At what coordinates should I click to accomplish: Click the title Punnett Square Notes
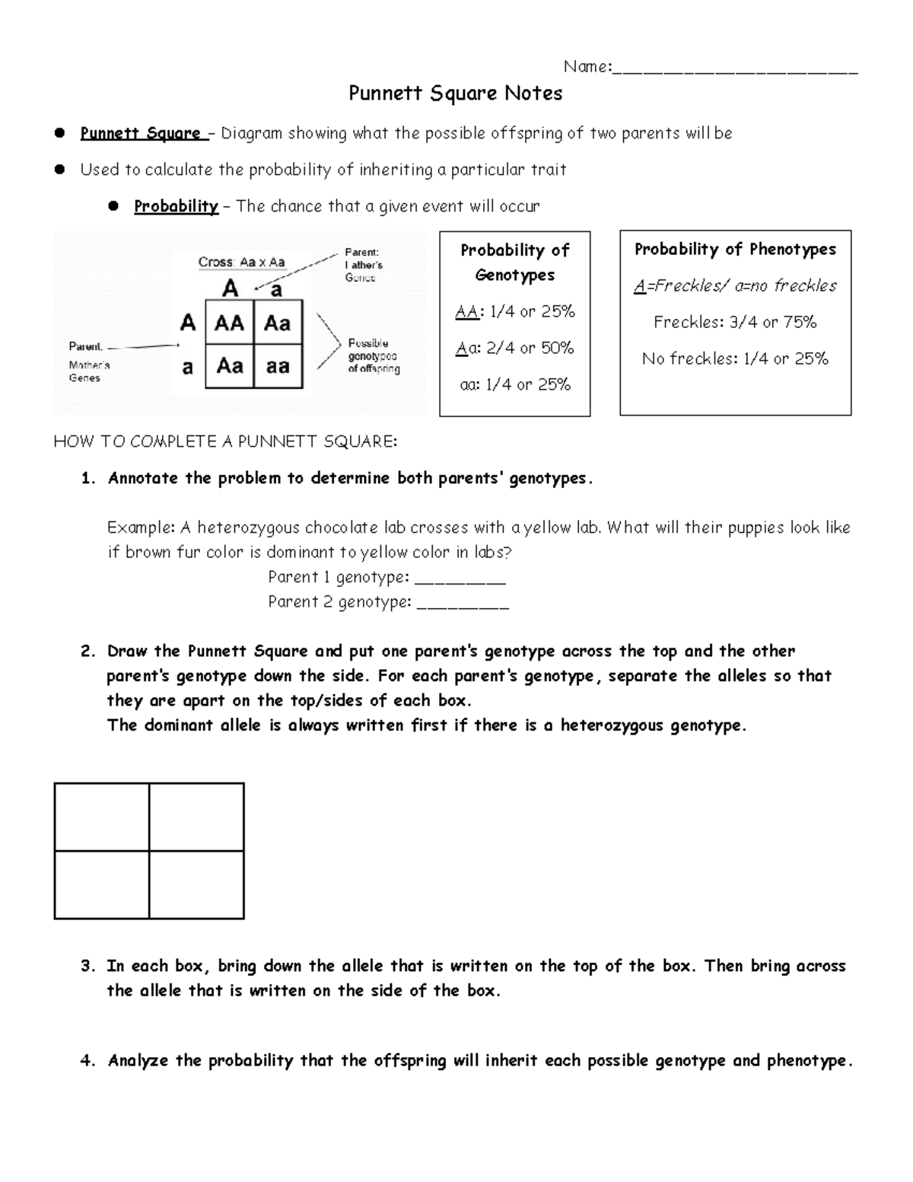(455, 94)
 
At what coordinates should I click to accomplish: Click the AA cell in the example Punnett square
(230, 323)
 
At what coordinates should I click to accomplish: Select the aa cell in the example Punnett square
(278, 367)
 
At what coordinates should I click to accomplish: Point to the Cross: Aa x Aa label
(241, 263)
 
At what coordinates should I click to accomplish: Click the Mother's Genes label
(89, 371)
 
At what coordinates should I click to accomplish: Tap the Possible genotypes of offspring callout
(373, 356)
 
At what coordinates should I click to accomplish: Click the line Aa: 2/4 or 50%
(514, 349)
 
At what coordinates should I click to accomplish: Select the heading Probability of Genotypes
(514, 263)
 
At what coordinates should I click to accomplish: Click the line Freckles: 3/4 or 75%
(735, 323)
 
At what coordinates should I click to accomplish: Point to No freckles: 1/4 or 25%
(735, 359)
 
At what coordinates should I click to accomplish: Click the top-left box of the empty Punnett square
(102, 817)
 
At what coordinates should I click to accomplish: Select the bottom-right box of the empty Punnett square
(196, 884)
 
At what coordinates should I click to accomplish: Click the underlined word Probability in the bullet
(176, 206)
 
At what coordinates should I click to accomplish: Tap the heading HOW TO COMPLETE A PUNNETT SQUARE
(225, 442)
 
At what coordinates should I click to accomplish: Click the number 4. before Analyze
(87, 1061)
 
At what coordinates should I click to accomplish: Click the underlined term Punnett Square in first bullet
(141, 134)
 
